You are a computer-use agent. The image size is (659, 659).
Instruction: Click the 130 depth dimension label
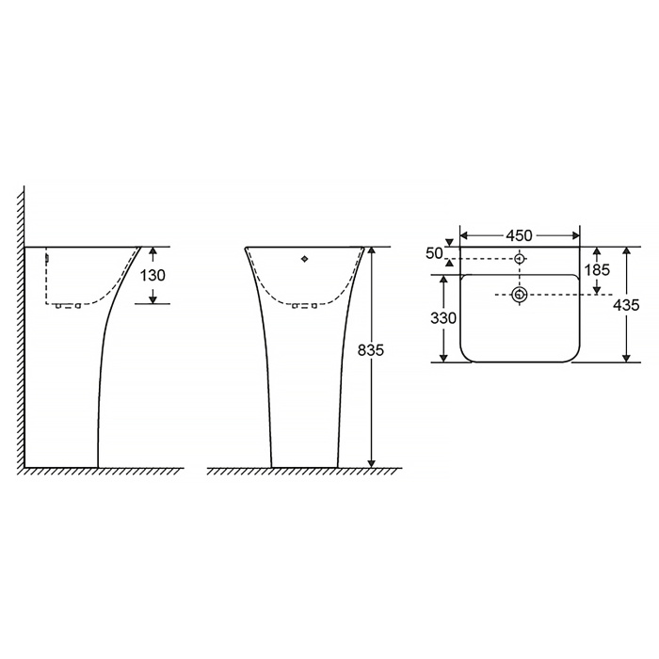(x=153, y=275)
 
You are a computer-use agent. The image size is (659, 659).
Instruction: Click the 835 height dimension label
(x=371, y=349)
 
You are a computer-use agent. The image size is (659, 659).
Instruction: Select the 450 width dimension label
(x=519, y=235)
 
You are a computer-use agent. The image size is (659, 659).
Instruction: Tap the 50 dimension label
(x=434, y=253)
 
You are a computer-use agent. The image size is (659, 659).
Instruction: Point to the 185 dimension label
(x=597, y=270)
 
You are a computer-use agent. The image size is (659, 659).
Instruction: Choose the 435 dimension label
(x=626, y=305)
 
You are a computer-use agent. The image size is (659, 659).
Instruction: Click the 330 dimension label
(x=443, y=318)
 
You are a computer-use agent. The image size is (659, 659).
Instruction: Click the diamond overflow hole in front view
(x=305, y=259)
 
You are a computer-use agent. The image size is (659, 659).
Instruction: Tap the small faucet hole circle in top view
(x=520, y=259)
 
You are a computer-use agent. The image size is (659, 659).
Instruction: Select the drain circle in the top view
(x=520, y=295)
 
